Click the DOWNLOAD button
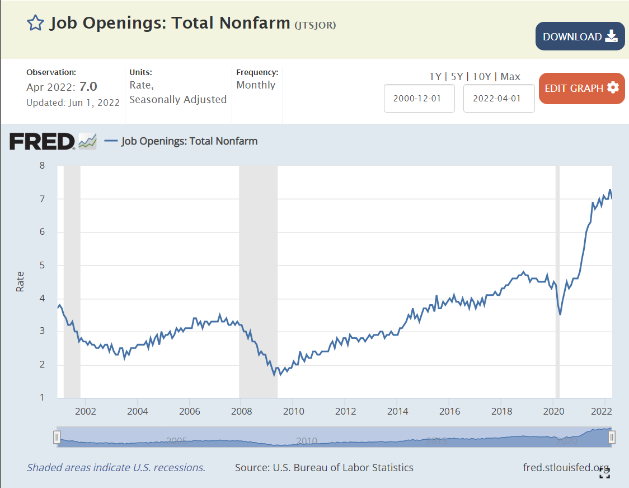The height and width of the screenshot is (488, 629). click(580, 36)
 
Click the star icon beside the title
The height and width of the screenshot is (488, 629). click(35, 23)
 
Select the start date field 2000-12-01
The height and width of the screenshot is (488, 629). click(419, 98)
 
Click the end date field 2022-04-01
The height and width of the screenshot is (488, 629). click(499, 98)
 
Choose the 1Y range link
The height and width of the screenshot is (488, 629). click(435, 77)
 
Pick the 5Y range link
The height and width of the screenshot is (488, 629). click(457, 77)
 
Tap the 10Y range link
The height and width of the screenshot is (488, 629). click(482, 77)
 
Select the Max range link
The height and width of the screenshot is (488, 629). click(510, 77)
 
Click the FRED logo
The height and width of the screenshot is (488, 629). click(42, 141)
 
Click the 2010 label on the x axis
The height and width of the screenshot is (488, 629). click(294, 411)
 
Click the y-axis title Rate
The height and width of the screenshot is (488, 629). click(20, 281)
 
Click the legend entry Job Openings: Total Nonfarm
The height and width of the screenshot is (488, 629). click(189, 141)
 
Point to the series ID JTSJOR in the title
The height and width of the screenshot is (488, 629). click(315, 25)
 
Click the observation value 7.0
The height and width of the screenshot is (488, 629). click(88, 86)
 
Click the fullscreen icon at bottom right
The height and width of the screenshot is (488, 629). click(604, 473)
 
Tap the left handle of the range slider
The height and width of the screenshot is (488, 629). click(57, 437)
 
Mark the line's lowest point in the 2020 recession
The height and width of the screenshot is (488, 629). click(560, 314)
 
